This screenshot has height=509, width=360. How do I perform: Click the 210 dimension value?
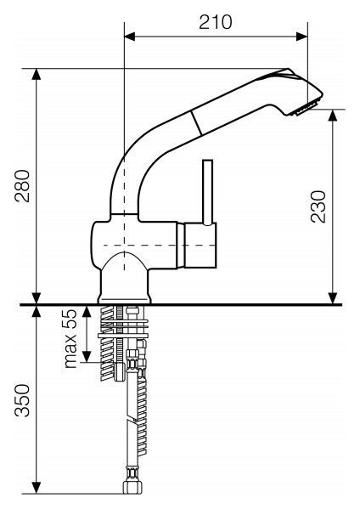coord(216,22)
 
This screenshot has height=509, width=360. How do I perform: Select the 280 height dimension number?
coord(22,186)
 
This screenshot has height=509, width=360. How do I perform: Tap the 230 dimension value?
coord(318,206)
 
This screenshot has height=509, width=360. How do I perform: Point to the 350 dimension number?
coord(22,400)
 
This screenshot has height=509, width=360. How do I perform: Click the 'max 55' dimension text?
coord(70,338)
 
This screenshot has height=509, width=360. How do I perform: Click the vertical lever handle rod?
coord(207,192)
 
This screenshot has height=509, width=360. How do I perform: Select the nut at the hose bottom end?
coord(132,487)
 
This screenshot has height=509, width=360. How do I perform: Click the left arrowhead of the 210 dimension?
coord(129,37)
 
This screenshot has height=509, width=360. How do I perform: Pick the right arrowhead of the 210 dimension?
coord(302,37)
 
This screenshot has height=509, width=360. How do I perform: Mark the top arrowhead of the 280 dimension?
coord(37,74)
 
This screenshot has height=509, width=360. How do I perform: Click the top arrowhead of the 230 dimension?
coord(333,115)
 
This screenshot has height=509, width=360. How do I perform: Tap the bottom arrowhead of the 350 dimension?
coord(37,488)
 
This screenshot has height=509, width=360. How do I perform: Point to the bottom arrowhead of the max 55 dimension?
coord(87,356)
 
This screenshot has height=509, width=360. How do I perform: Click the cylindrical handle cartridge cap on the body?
coord(196,245)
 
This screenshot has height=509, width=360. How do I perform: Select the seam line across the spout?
coord(196,122)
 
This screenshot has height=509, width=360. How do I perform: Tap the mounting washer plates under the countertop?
coord(123,329)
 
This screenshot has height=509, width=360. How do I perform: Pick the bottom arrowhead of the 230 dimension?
coord(333,298)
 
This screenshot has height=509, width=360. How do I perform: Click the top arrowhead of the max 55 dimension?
coord(87,312)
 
